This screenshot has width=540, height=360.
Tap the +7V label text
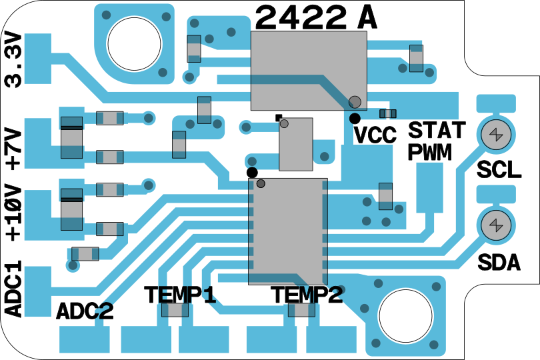pyautogui.click(x=14, y=149)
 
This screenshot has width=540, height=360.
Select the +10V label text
pyautogui.click(x=14, y=213)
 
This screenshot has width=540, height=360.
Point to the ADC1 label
pyautogui.click(x=14, y=289)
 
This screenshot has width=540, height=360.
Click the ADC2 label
pyautogui.click(x=85, y=311)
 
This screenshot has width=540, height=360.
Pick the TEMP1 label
pyautogui.click(x=180, y=295)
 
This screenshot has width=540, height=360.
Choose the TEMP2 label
pyautogui.click(x=307, y=295)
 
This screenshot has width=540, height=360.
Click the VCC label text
pyautogui.click(x=375, y=135)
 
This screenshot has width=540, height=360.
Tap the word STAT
pyautogui.click(x=437, y=130)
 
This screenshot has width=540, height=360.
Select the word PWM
pyautogui.click(x=430, y=151)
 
